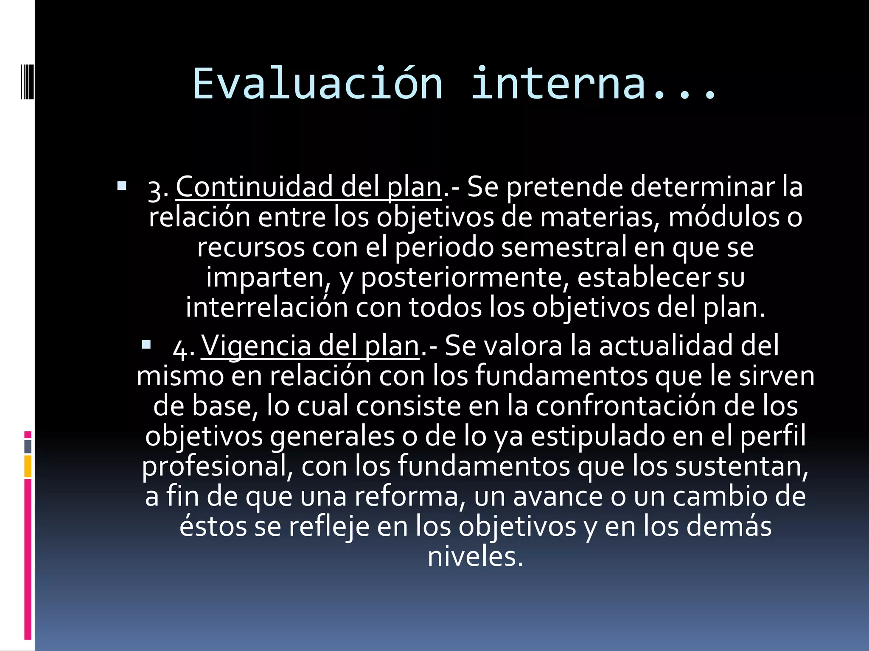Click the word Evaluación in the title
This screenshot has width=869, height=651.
(317, 84)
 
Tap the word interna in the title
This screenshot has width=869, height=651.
(559, 84)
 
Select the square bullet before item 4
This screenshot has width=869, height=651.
(146, 345)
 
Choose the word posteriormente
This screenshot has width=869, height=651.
(465, 277)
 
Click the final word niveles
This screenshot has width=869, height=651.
(475, 556)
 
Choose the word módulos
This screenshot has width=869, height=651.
(724, 217)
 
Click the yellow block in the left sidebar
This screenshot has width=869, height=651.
(28, 466)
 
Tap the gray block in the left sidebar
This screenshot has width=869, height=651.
(28, 447)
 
